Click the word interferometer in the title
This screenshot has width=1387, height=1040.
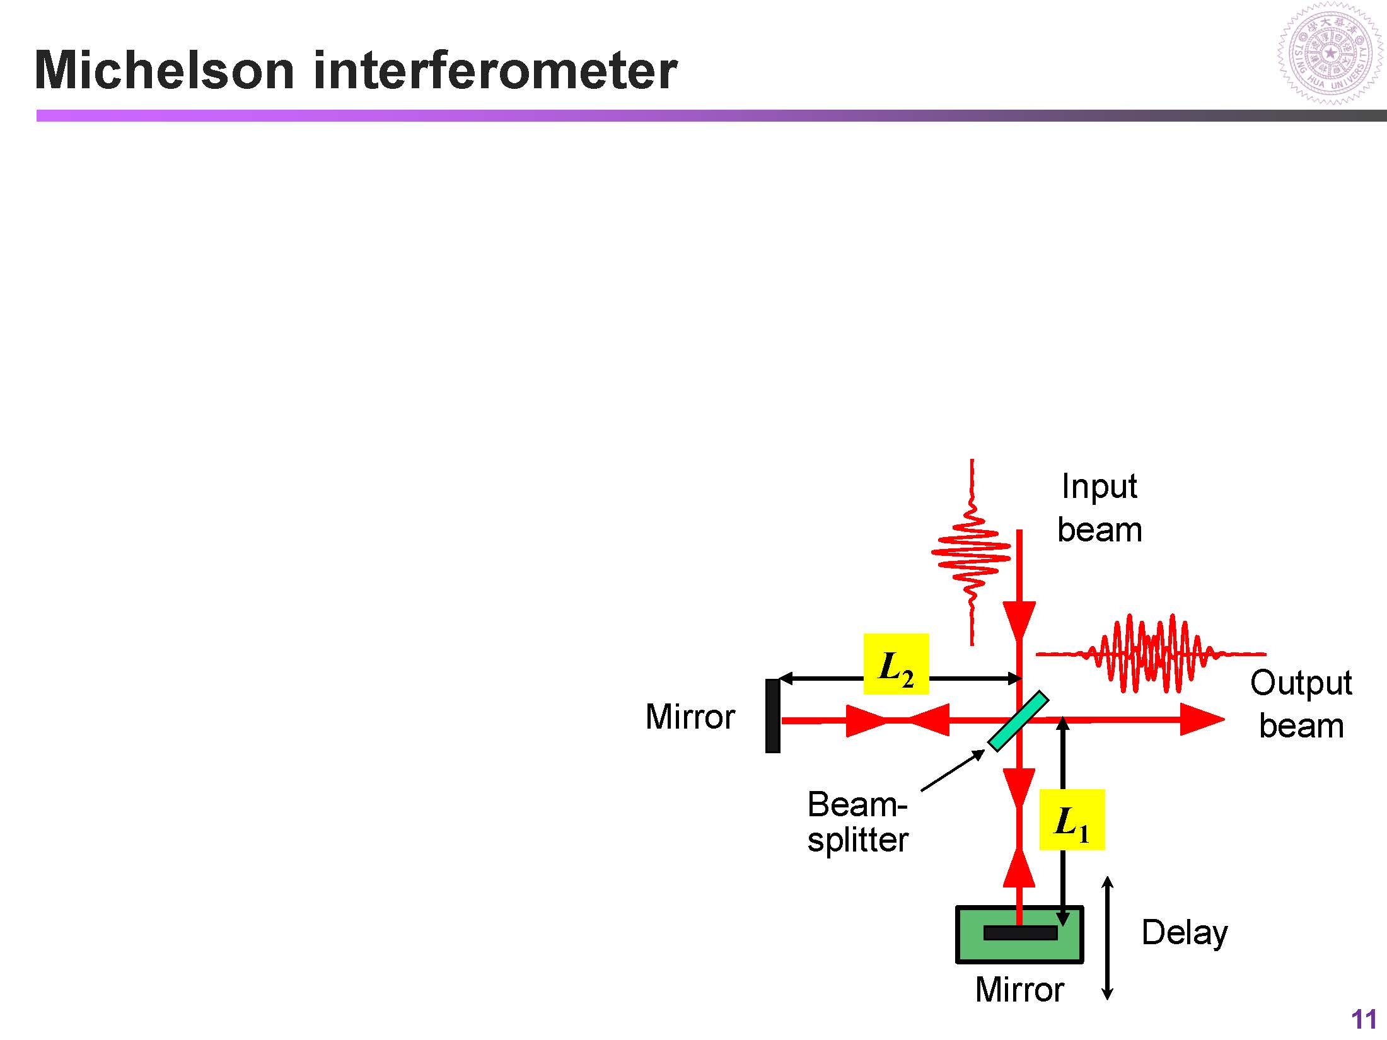click(495, 70)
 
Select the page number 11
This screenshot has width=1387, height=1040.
click(1364, 1020)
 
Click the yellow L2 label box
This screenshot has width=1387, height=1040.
click(896, 664)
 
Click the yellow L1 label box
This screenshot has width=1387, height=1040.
click(1072, 819)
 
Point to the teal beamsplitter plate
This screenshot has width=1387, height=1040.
click(1018, 722)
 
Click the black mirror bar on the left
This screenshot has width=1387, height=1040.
click(772, 716)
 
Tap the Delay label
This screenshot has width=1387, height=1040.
click(1185, 933)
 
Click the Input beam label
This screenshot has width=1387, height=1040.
click(1100, 508)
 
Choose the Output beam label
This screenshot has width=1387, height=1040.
click(1301, 704)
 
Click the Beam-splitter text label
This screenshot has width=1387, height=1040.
click(858, 823)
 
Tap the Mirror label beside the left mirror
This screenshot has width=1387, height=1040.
click(690, 717)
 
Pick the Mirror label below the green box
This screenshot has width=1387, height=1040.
click(1019, 990)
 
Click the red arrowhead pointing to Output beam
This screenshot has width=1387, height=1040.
click(1201, 719)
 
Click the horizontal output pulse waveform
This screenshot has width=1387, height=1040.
click(1151, 654)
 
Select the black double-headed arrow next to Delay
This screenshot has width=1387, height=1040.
click(1107, 939)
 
